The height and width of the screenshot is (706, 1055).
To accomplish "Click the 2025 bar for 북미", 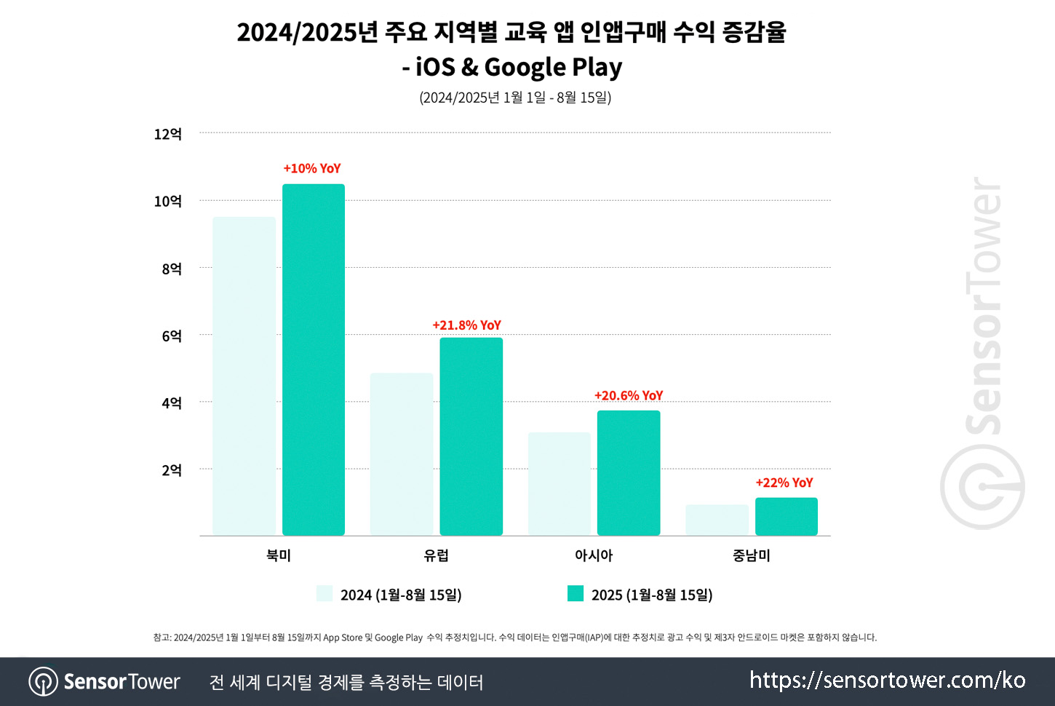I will tap(314, 360).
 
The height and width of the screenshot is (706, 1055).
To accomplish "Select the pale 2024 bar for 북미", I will tap(244, 376).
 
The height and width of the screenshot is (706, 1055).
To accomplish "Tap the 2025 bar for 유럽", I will tap(471, 437).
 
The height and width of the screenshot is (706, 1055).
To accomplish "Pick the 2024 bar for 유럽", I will tap(402, 454).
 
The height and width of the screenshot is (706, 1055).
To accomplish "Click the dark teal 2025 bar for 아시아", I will tap(629, 473).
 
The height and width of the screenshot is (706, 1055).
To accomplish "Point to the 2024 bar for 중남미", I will tap(717, 520).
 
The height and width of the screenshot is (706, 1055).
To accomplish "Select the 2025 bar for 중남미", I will tap(786, 517).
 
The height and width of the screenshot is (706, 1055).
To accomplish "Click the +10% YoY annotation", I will tap(312, 169).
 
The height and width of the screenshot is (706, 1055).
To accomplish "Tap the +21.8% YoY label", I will tap(467, 325).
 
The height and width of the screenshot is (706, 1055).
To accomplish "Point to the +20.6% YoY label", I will tap(629, 396).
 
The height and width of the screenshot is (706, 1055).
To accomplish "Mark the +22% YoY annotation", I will tap(784, 483).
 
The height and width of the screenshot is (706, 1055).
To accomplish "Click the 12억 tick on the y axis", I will tap(167, 135).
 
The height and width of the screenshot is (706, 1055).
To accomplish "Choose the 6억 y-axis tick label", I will tap(171, 336).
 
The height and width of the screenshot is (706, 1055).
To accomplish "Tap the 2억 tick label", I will tap(171, 471).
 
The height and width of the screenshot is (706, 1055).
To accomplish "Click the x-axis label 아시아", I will tap(594, 555).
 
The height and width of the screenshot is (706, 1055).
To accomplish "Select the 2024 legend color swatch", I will tap(325, 593).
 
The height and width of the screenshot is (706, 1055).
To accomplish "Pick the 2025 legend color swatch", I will tap(576, 593).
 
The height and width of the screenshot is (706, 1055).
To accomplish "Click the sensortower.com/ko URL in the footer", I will tap(887, 681).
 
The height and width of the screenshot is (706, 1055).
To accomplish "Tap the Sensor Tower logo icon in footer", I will tap(44, 682).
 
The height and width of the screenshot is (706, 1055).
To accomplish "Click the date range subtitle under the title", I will tap(515, 98).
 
